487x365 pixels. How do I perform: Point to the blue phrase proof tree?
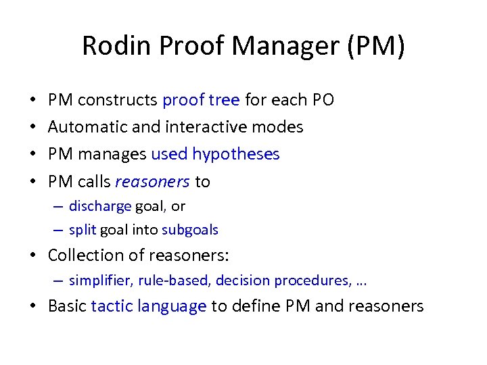201,100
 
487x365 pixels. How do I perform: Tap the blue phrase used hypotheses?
215,154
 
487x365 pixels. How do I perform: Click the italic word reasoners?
153,181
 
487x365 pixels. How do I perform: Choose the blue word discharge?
100,206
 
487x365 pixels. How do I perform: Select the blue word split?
83,230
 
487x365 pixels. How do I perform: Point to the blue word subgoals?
190,230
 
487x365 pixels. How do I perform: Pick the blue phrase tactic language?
149,306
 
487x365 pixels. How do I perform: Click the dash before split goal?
60,230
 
